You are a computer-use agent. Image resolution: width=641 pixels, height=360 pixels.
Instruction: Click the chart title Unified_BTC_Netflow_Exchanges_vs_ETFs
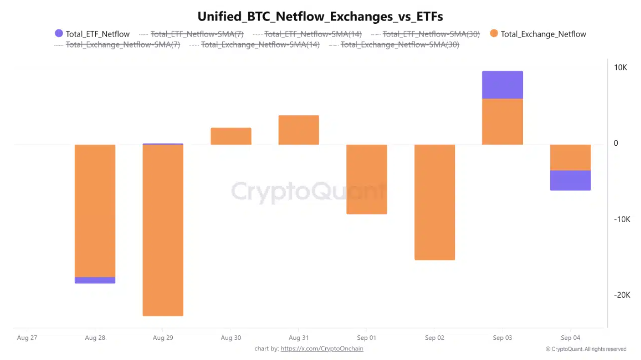tap(320, 17)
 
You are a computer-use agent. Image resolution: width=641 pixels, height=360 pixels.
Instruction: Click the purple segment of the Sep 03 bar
tap(502, 85)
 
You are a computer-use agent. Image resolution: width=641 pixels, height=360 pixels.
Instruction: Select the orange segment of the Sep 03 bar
tap(502, 121)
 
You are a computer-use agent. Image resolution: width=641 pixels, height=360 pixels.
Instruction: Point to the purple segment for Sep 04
tap(570, 180)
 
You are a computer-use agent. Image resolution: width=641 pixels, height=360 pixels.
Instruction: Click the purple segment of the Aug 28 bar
tap(95, 280)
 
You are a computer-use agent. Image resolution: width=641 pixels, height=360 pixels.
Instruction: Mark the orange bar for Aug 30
tap(231, 136)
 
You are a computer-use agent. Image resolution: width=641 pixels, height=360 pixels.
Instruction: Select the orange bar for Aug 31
tap(299, 130)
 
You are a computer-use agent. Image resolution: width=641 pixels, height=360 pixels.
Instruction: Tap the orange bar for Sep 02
tap(434, 202)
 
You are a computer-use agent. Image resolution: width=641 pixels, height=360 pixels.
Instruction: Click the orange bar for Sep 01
tap(367, 179)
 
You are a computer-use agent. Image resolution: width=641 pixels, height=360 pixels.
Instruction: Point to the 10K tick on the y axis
tap(620, 68)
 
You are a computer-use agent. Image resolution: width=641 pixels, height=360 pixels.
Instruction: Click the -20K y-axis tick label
tap(622, 295)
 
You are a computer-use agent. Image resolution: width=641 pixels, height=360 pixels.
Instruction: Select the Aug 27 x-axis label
tap(27, 338)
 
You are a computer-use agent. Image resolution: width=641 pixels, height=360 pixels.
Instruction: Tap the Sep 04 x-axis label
tap(570, 338)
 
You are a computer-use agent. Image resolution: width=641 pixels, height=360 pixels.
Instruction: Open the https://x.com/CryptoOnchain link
tap(322, 349)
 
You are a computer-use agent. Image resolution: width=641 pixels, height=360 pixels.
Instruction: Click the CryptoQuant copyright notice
tap(586, 349)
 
